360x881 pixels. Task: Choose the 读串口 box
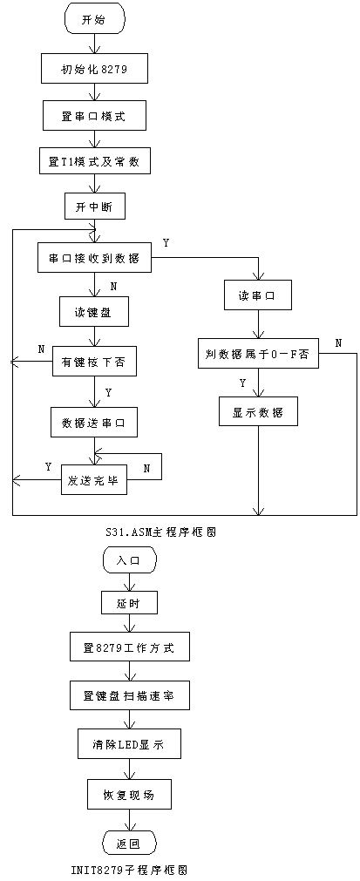tap(257, 295)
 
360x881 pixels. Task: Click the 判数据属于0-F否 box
tap(257, 354)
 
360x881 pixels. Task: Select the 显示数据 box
tap(257, 410)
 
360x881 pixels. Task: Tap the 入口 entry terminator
tap(129, 560)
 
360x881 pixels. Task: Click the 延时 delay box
tap(129, 602)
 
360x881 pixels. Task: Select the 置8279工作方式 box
tap(129, 648)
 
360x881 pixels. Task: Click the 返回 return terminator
tap(129, 843)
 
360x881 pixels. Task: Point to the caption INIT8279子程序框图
tap(129, 870)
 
